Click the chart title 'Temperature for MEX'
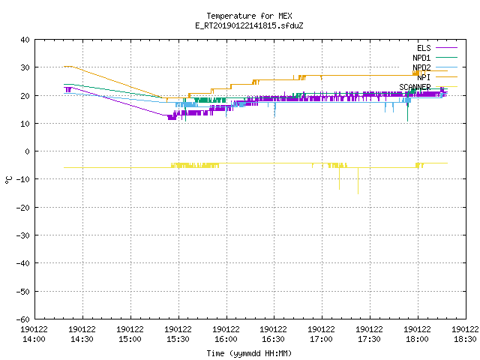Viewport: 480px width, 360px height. pos(249,16)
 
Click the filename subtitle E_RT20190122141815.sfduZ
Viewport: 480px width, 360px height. pos(249,25)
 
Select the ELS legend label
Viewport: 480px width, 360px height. pos(424,48)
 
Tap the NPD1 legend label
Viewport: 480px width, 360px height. pos(421,58)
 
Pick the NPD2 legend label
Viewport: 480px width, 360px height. pos(421,67)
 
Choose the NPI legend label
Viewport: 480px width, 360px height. pos(424,77)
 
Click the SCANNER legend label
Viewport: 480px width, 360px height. pos(415,87)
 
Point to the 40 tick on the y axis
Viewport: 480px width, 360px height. pos(25,40)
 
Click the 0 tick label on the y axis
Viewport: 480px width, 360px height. pos(28,151)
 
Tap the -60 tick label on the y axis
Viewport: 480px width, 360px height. pos(23,319)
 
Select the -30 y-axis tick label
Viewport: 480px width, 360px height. pos(23,235)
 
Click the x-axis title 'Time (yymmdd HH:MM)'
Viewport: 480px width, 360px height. pos(249,353)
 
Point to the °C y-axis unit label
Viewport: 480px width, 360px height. pos(8,180)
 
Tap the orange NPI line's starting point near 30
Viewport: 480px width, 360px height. pos(64,67)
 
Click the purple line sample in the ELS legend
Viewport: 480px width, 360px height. pos(447,48)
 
